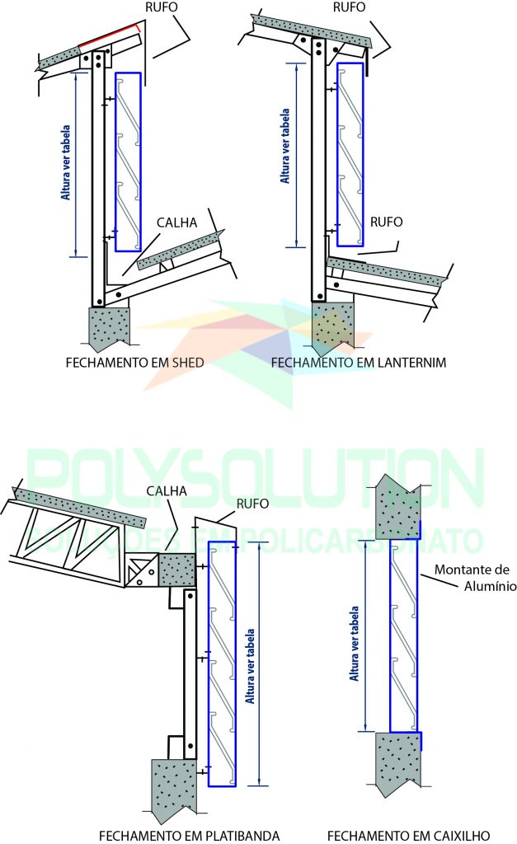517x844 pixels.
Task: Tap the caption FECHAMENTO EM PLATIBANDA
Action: (189, 835)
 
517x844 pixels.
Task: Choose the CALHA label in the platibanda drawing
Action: (168, 491)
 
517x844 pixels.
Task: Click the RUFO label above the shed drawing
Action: (159, 7)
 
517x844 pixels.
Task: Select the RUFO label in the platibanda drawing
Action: (251, 504)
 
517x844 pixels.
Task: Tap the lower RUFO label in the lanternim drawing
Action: (386, 222)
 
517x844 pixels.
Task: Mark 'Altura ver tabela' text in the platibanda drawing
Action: (251, 664)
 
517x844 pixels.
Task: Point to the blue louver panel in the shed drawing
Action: (128, 162)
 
